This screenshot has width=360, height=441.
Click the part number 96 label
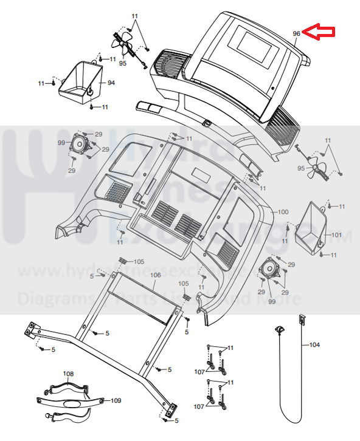[x=296, y=34]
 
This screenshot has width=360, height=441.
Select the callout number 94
[x=111, y=83]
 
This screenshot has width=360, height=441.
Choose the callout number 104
[x=314, y=345]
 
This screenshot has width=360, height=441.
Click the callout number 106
[x=155, y=275]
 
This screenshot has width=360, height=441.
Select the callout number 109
[x=116, y=400]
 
